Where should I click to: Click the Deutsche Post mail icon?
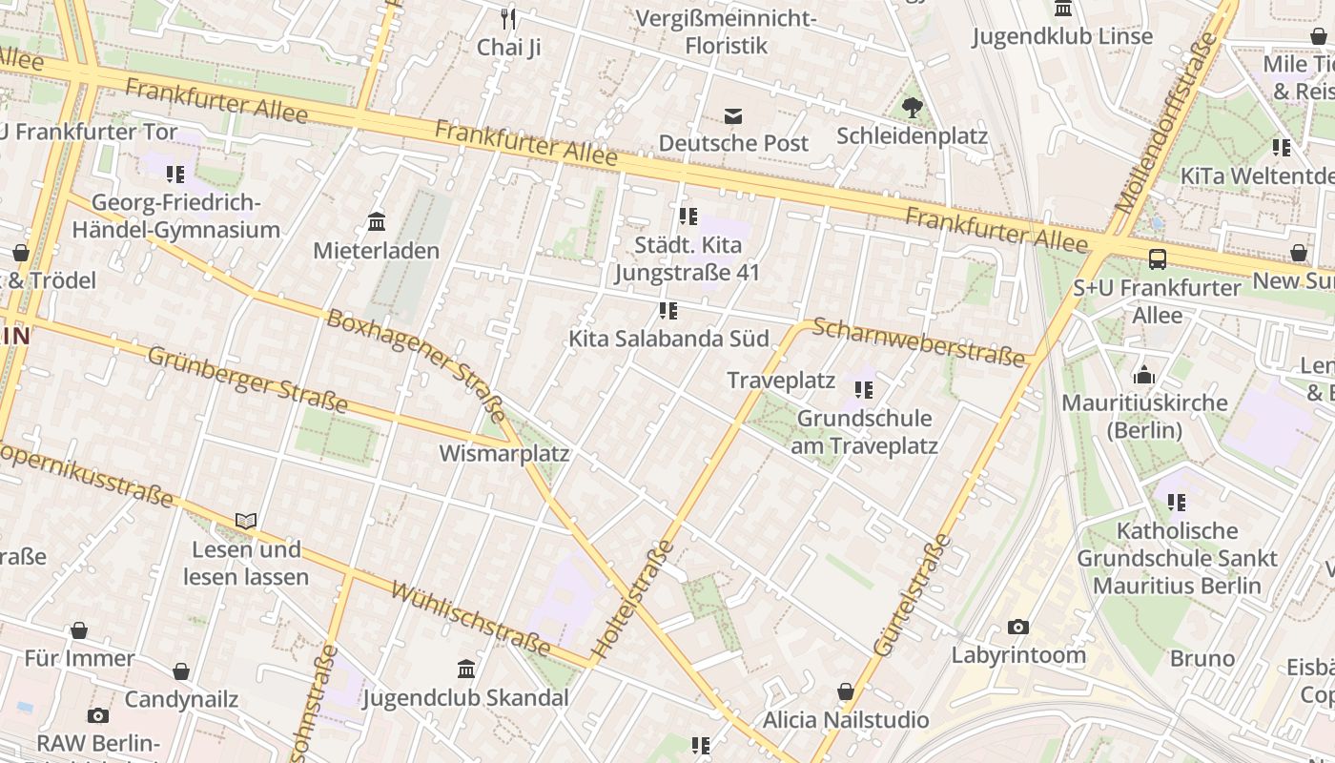tap(733, 116)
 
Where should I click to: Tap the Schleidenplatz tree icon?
tap(913, 108)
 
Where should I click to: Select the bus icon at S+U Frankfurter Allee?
tap(1157, 259)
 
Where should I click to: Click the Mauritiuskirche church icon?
tap(1144, 375)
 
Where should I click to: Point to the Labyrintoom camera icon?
tap(1018, 628)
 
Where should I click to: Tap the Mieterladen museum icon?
tap(377, 222)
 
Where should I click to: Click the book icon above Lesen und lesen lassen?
tap(246, 522)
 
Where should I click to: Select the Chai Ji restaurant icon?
tap(509, 18)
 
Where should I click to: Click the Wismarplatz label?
tap(503, 453)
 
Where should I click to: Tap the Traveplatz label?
tap(781, 381)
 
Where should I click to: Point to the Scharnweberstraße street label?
tap(919, 341)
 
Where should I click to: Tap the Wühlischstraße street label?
tap(470, 620)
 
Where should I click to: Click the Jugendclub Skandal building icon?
tap(466, 669)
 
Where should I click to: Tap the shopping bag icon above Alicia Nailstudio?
tap(845, 691)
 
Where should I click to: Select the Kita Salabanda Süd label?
tap(668, 339)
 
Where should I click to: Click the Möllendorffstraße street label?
tap(1166, 123)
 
